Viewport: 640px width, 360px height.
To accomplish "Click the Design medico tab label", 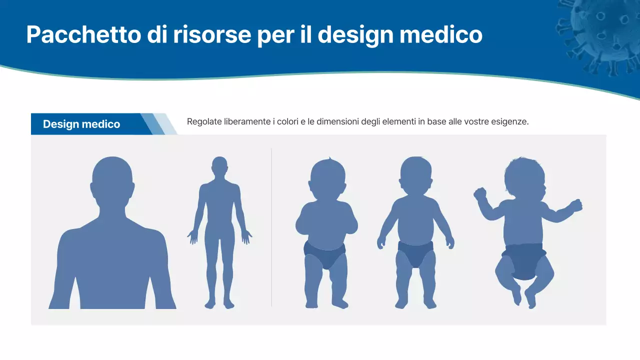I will tap(81, 124).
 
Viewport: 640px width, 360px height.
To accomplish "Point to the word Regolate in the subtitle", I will tap(203, 121).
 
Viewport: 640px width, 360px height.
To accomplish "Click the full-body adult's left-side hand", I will tap(192, 236).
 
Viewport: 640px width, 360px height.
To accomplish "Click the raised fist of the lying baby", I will tap(480, 193).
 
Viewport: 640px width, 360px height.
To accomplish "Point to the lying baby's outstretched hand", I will tap(575, 205).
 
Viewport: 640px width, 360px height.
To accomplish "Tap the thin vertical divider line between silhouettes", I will tap(271, 227).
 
